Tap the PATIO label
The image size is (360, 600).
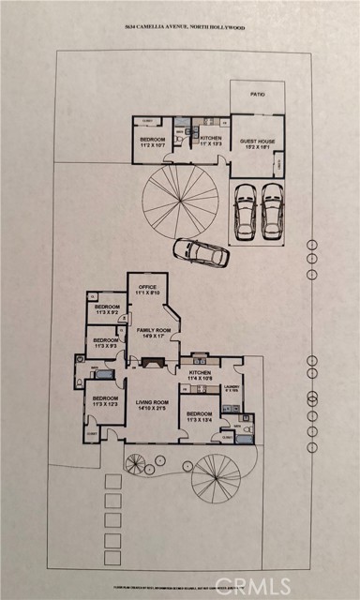click(256, 96)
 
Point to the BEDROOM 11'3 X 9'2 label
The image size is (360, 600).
click(107, 309)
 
